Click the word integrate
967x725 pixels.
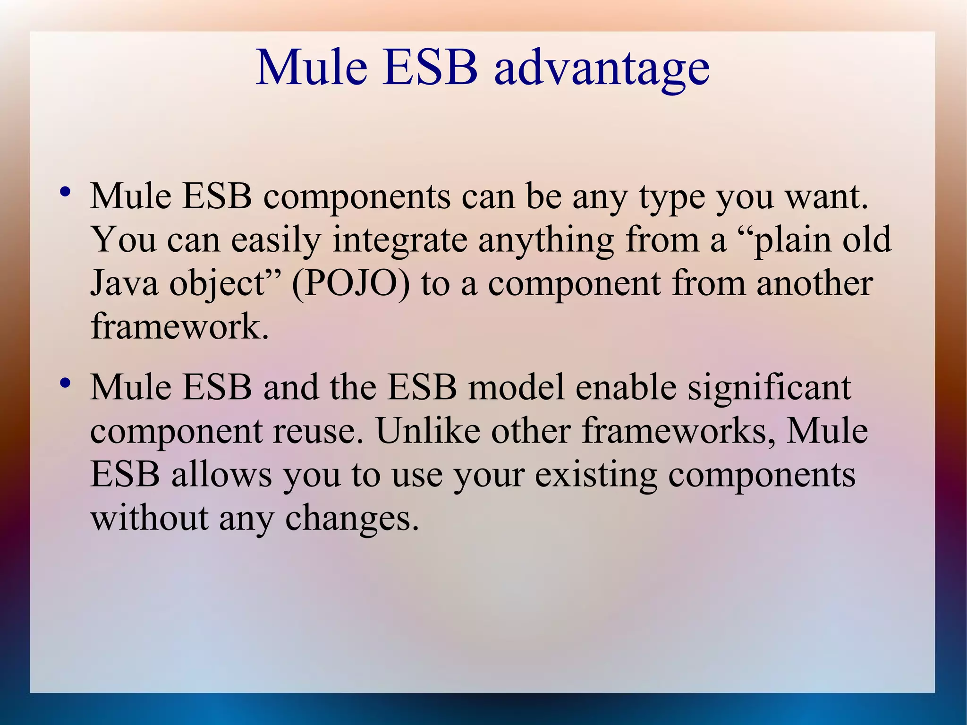399,240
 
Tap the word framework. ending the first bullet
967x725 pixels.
179,326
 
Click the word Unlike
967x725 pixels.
428,431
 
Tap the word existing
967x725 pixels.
596,475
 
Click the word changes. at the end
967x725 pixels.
352,519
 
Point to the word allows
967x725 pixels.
221,475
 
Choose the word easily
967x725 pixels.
276,240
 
